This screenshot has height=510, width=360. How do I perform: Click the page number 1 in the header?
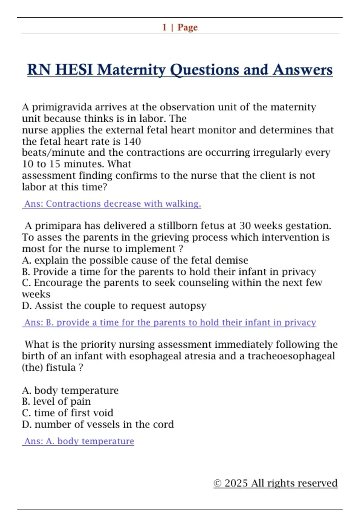click(164, 27)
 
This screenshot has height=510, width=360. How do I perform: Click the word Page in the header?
click(187, 27)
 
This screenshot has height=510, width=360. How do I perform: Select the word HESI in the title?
click(74, 70)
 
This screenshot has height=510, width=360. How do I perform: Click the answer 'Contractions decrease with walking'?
click(112, 204)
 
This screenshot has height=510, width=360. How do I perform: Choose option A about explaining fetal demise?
click(135, 260)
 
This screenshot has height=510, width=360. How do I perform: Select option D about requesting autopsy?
click(114, 306)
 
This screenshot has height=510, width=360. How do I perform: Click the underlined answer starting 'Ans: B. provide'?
click(169, 322)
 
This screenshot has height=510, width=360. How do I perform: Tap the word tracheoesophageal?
click(291, 356)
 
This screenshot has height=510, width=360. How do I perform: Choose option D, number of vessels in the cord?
click(98, 424)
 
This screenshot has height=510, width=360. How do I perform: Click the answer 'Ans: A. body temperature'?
click(79, 441)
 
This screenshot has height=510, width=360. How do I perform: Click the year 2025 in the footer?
click(236, 483)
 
